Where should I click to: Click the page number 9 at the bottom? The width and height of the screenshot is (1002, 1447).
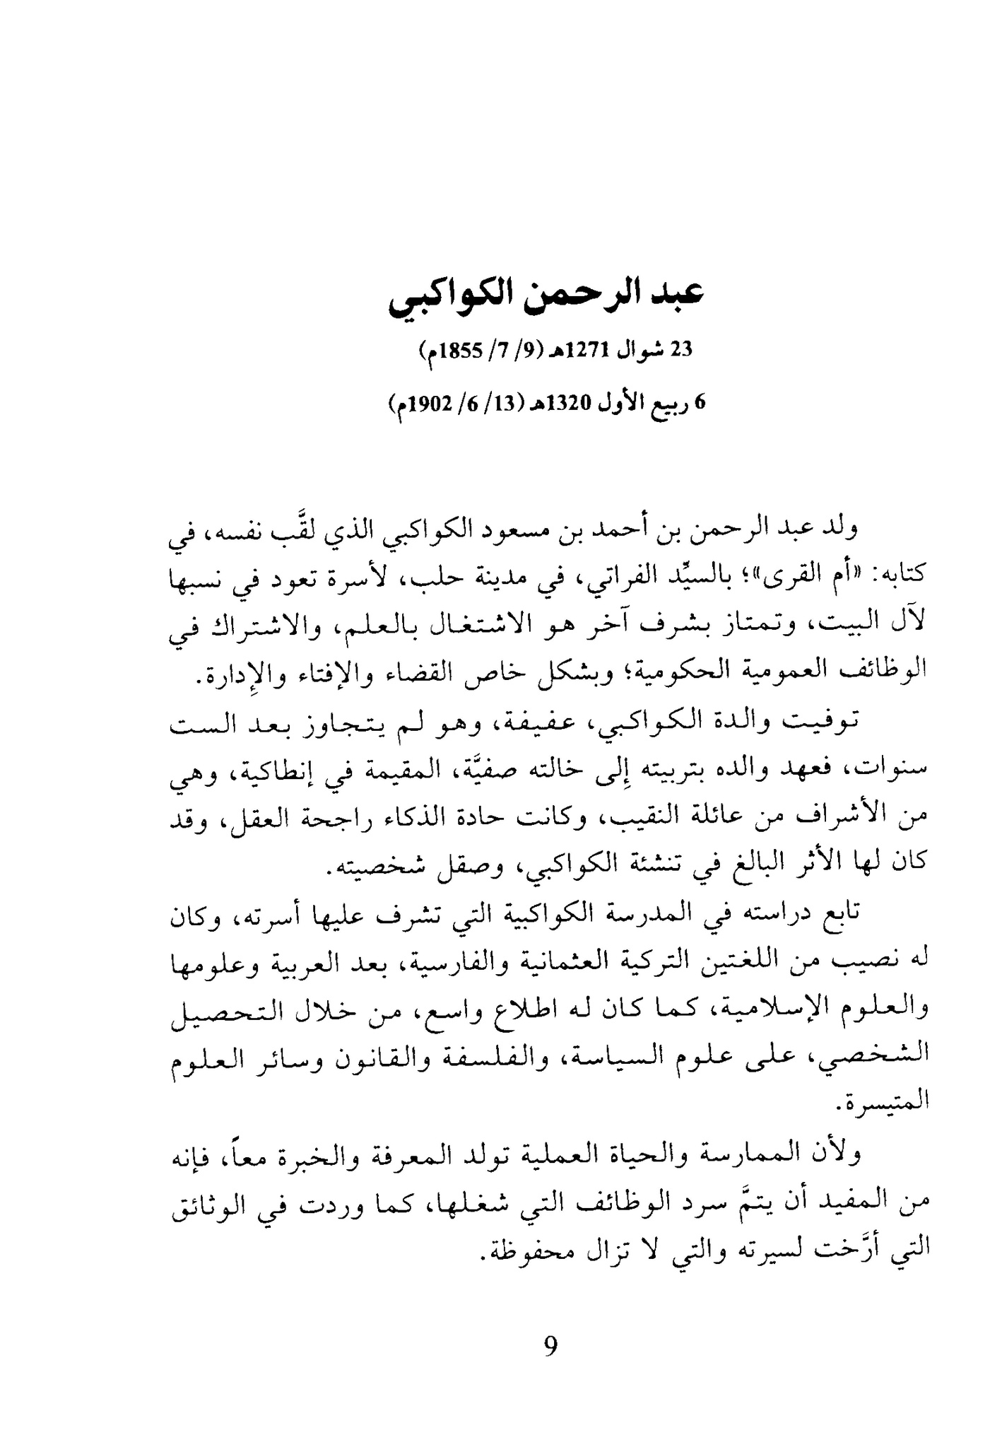click(x=550, y=1345)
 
